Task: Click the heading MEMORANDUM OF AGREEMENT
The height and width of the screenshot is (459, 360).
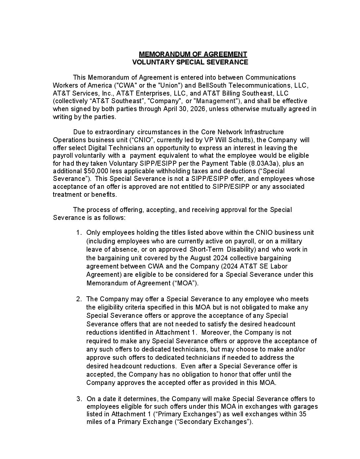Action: coord(193,54)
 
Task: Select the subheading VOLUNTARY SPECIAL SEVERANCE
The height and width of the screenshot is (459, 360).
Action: coord(190,62)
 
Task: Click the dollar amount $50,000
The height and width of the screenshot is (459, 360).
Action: coord(96,171)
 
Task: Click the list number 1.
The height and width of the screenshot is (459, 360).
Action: coord(78,233)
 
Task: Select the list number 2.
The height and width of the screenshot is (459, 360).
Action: coord(78,299)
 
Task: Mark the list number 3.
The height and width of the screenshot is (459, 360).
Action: coord(78,399)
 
